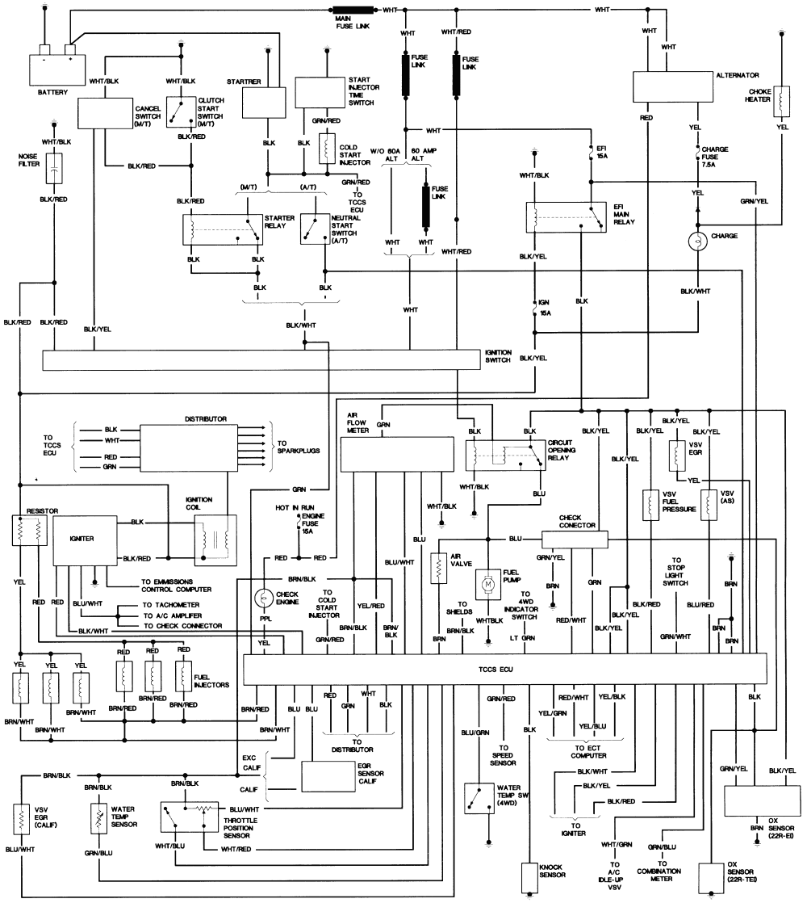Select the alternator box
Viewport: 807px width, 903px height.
pyautogui.click(x=671, y=85)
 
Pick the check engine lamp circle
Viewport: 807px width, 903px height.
pyautogui.click(x=263, y=598)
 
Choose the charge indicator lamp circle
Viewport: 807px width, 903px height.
pyautogui.click(x=695, y=241)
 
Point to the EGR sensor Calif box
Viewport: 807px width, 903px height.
pyautogui.click(x=332, y=776)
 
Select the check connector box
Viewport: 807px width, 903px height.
pyautogui.click(x=574, y=540)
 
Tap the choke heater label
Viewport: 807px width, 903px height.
pyautogui.click(x=762, y=94)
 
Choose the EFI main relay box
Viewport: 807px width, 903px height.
pyautogui.click(x=566, y=216)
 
